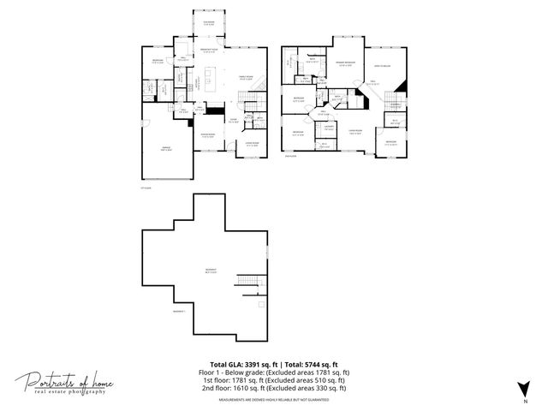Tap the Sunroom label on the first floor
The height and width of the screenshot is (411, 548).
[209, 23]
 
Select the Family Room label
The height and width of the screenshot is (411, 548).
[245, 78]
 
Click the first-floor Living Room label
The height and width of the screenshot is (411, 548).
[252, 144]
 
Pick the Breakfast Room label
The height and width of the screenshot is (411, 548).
[209, 52]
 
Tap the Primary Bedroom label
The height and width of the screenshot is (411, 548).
[345, 64]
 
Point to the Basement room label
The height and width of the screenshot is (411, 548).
[210, 270]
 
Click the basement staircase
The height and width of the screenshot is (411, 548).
[247, 283]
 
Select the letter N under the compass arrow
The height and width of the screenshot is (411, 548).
[523, 401]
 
